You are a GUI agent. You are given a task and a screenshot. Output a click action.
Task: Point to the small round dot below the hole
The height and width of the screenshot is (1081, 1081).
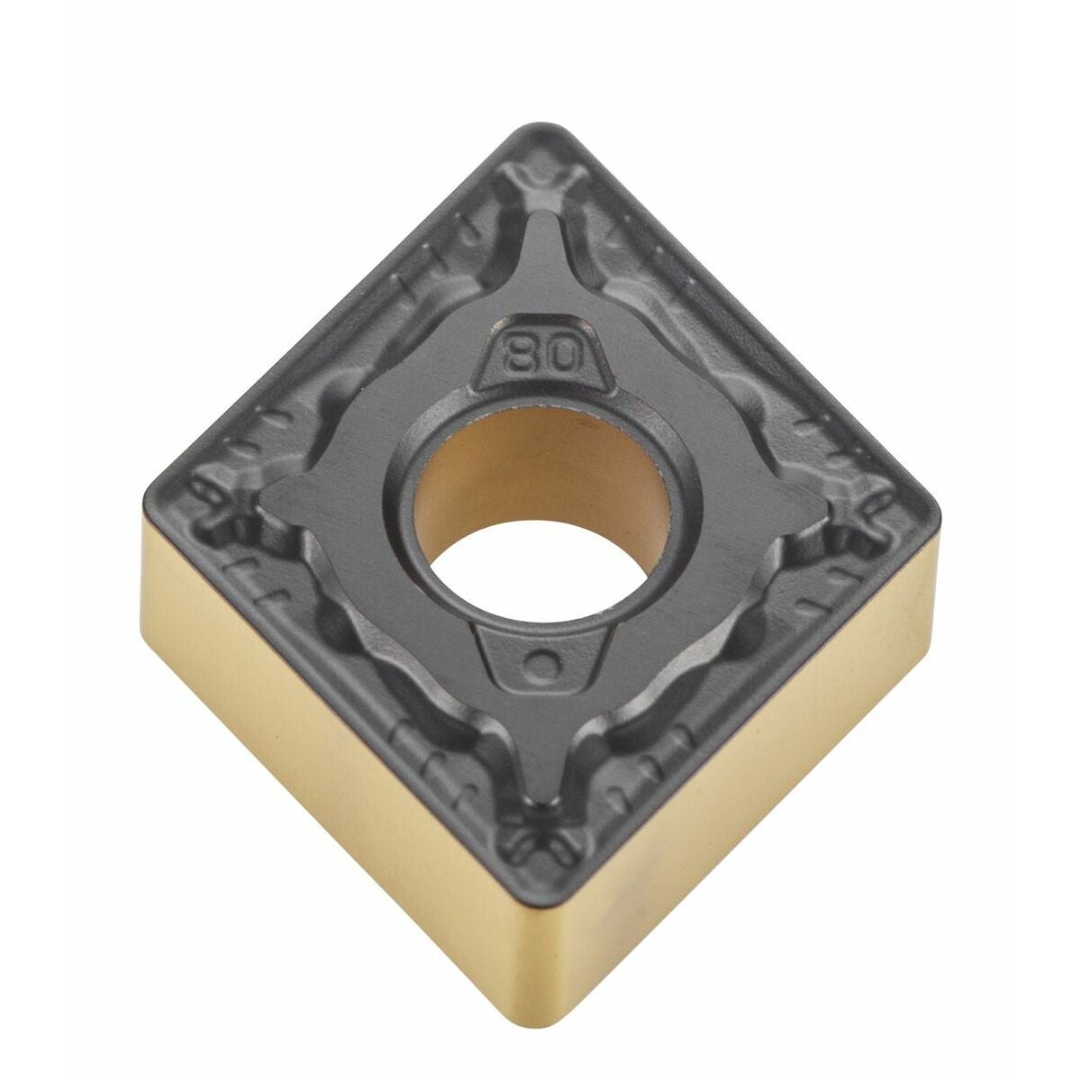pyautogui.click(x=542, y=667)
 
